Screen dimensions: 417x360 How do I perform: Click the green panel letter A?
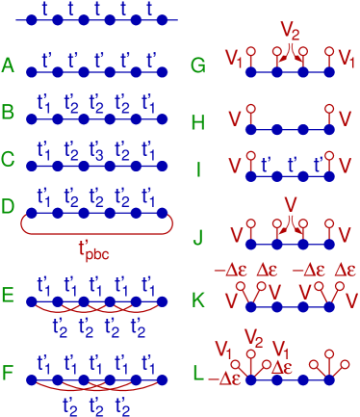pyautogui.click(x=9, y=65)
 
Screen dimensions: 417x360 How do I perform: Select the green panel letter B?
pyautogui.click(x=9, y=113)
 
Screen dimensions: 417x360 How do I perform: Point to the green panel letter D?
pyautogui.click(x=9, y=205)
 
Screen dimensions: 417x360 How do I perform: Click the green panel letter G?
pyautogui.click(x=198, y=65)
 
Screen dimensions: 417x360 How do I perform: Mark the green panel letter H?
pyautogui.click(x=198, y=122)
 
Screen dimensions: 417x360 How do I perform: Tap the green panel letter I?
pyautogui.click(x=198, y=169)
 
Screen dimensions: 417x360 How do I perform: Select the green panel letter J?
pyautogui.click(x=198, y=234)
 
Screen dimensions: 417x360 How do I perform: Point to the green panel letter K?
pyautogui.click(x=198, y=300)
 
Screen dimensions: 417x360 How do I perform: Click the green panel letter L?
pyautogui.click(x=198, y=371)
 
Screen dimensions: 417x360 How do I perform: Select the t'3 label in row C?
pyautogui.click(x=96, y=151)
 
